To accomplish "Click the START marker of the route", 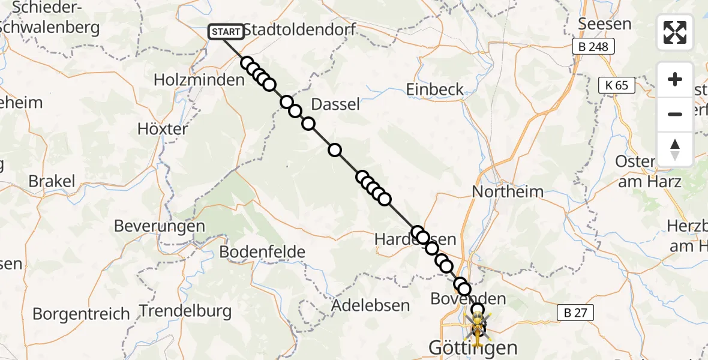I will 226,32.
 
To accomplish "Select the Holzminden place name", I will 199,79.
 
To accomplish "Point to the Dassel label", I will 335,104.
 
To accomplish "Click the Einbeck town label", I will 435,90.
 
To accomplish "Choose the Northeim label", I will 508,192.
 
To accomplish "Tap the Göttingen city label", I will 473,347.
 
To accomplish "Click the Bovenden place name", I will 469,299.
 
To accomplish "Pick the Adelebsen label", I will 371,305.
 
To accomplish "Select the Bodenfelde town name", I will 262,252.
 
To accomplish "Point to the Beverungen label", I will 160,226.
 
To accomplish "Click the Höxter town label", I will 163,129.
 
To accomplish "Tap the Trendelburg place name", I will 185,311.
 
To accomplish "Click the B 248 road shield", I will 593,47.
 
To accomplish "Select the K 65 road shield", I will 617,85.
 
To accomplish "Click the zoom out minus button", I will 675,114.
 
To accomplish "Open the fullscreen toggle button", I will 675,32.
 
